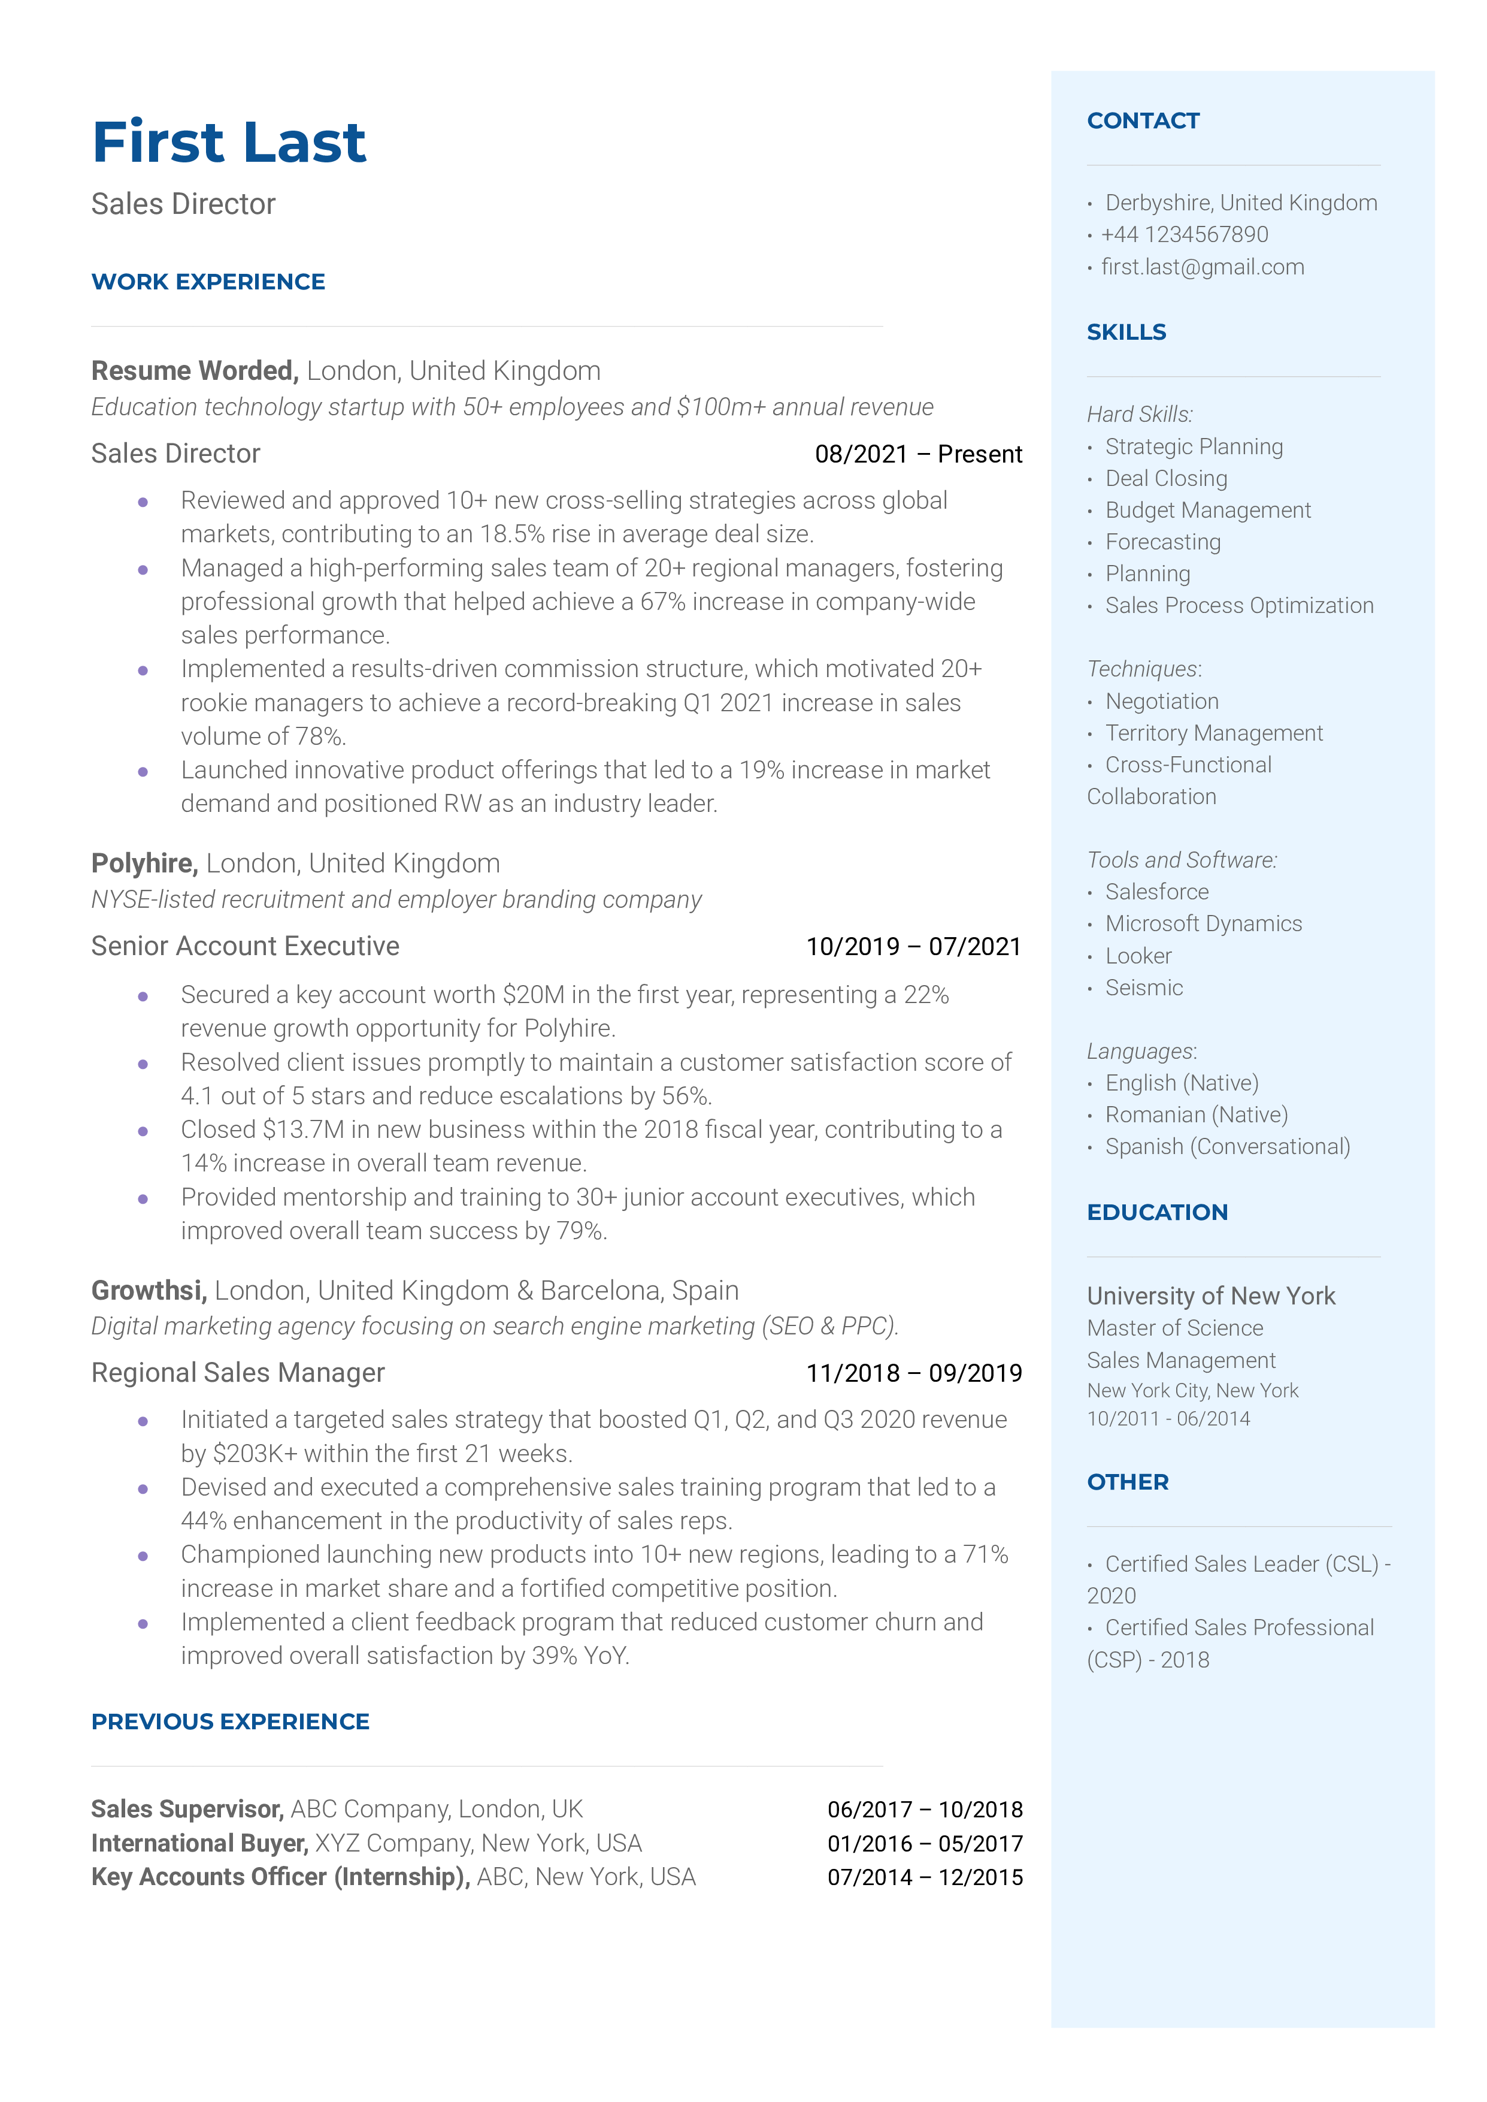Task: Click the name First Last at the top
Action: pos(229,143)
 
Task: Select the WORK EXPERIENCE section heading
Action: pos(208,282)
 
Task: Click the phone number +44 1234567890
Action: pos(1184,235)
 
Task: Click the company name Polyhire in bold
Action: pos(144,863)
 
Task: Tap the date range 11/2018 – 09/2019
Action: pos(913,1373)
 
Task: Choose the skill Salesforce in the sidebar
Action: pos(1156,892)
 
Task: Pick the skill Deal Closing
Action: pos(1165,479)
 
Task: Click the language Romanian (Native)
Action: pos(1196,1116)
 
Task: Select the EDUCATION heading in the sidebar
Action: pos(1156,1213)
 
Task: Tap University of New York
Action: pos(1210,1297)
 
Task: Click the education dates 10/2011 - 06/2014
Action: pos(1167,1419)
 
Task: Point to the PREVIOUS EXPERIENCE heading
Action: pos(230,1722)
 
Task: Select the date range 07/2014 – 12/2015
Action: pos(925,1878)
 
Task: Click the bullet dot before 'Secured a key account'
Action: pos(143,996)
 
